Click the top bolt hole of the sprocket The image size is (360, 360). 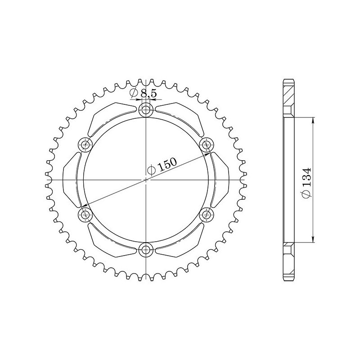coord(146,109)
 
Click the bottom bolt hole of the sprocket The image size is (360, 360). coord(146,250)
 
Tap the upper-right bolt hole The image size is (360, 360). coord(207,144)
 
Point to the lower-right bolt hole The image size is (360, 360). coord(207,215)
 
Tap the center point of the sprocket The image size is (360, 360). coord(146,180)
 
